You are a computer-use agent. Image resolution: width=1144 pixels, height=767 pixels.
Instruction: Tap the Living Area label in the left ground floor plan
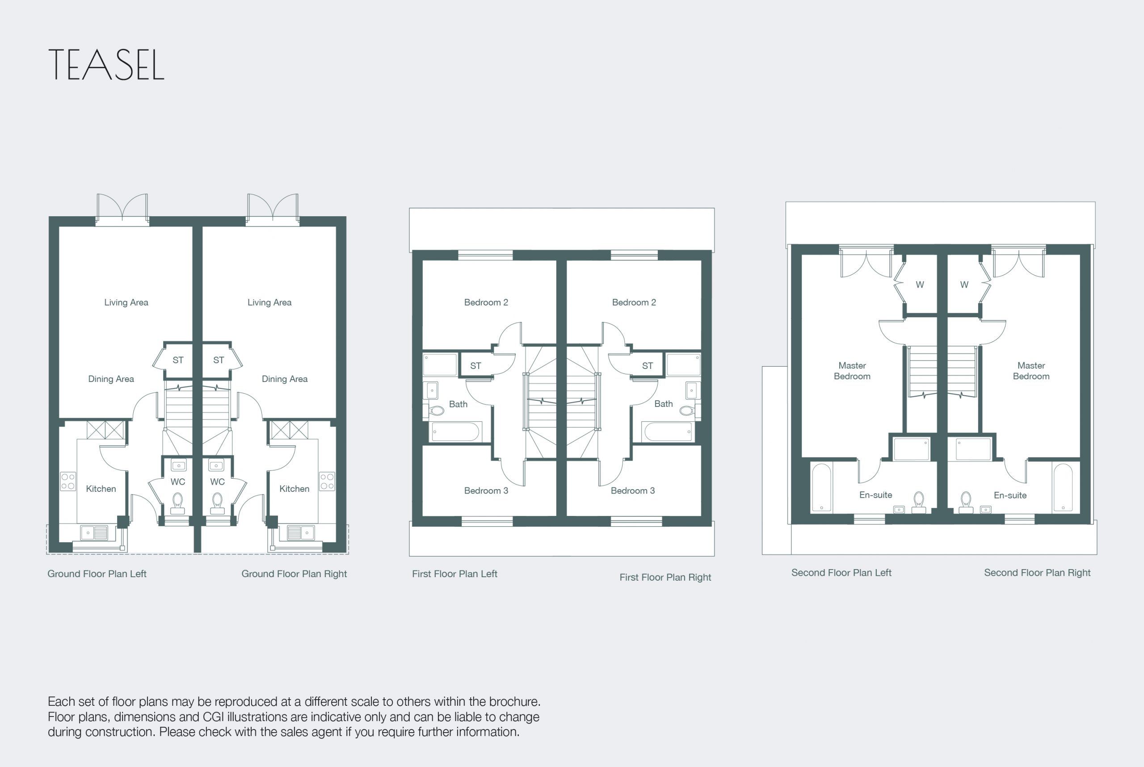click(x=126, y=302)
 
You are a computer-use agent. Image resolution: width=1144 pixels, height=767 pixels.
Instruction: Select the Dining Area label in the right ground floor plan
click(x=285, y=379)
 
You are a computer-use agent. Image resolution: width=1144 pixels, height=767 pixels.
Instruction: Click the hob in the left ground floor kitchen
click(x=68, y=481)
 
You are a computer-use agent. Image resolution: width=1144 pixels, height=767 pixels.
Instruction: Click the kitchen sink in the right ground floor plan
click(x=301, y=532)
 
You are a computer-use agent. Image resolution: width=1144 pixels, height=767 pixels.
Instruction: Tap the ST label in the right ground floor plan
click(x=219, y=360)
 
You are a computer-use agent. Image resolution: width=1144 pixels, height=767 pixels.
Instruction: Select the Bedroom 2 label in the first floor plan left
click(x=486, y=302)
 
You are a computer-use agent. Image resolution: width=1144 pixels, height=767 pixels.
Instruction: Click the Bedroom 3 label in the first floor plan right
click(x=633, y=490)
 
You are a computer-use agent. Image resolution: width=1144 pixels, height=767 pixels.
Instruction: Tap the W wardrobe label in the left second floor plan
click(x=920, y=285)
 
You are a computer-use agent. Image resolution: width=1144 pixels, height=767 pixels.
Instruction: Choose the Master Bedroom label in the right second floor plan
click(x=1031, y=371)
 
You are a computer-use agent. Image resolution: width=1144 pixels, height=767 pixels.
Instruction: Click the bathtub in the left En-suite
click(x=821, y=488)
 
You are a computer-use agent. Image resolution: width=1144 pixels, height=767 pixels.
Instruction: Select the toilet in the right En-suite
click(x=966, y=503)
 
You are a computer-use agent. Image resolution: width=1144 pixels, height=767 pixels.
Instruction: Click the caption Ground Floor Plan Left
click(x=97, y=574)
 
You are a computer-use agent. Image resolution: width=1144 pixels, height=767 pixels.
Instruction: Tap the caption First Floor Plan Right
click(x=665, y=577)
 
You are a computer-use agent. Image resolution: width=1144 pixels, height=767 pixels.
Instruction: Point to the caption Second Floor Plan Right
click(x=1037, y=573)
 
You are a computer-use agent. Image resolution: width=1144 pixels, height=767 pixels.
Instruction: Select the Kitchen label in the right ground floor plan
click(x=294, y=489)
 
